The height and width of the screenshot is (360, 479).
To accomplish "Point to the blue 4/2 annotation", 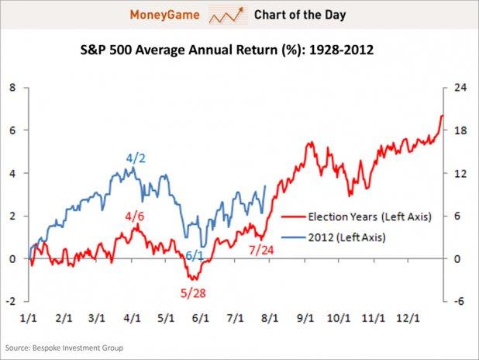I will pyautogui.click(x=136, y=158).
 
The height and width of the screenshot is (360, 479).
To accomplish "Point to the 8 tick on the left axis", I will pyautogui.click(x=12, y=88).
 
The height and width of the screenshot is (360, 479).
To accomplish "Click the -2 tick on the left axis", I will pyautogui.click(x=11, y=301).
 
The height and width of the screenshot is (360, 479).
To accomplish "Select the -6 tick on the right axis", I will pyautogui.click(x=458, y=301).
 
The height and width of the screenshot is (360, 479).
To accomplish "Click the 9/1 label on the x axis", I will pyautogui.click(x=305, y=317).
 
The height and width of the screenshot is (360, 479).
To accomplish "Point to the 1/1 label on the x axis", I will pyautogui.click(x=30, y=317).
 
